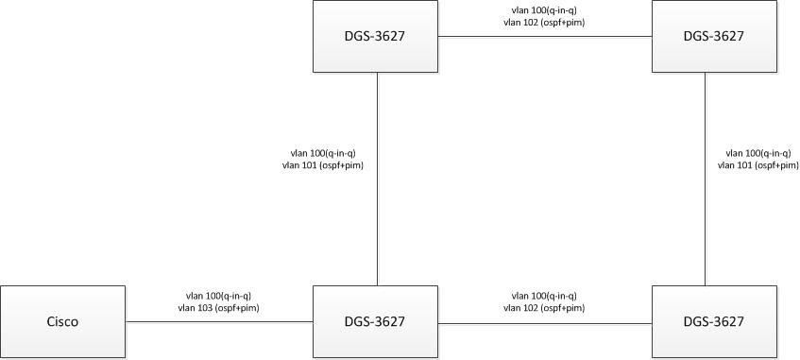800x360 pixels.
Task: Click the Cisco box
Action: click(x=62, y=321)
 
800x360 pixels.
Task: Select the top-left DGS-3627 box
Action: click(x=376, y=36)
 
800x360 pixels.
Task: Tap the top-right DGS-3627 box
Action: click(x=715, y=36)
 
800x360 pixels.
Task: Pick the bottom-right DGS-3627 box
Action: click(x=715, y=321)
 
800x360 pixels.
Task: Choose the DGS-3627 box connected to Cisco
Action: click(x=376, y=321)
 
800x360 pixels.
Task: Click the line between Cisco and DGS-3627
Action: click(x=219, y=321)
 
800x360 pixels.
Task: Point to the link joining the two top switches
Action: click(x=545, y=37)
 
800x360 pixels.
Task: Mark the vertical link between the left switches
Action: click(x=378, y=179)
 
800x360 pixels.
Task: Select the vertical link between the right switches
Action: click(x=706, y=179)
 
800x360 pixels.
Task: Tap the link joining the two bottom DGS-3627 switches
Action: click(x=545, y=323)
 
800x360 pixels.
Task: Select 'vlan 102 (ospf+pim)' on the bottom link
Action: click(x=544, y=308)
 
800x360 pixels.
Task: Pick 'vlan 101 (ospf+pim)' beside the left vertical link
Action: click(x=322, y=165)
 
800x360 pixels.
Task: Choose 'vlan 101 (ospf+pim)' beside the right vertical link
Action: click(x=757, y=165)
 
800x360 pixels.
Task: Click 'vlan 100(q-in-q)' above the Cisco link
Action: click(x=218, y=296)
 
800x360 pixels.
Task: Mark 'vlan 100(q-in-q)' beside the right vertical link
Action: click(x=757, y=153)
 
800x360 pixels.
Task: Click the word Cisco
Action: click(x=62, y=321)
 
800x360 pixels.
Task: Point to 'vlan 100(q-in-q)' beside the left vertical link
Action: click(x=322, y=153)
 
